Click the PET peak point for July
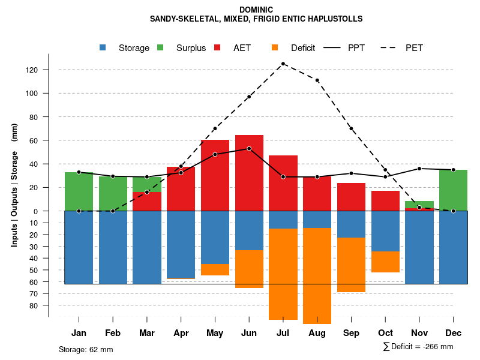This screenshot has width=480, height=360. coord(283,64)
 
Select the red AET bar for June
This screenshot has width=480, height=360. coord(249,174)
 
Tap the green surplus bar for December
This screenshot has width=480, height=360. coord(453,190)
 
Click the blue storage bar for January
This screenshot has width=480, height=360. coord(79,247)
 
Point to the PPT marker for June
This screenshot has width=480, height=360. coord(249,148)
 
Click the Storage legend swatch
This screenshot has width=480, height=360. coord(103,48)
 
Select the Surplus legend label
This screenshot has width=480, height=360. coord(191,48)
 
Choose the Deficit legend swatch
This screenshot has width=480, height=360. coord(275,48)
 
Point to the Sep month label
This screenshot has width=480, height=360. coord(351,333)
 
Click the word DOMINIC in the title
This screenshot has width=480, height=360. coord(256,10)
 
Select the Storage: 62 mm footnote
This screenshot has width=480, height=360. coord(86,349)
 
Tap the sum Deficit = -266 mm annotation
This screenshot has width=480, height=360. coord(418,347)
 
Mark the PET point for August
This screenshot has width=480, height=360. coord(317,80)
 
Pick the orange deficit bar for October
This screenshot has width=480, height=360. coord(385,262)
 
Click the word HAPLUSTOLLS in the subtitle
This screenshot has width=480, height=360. coord(336,19)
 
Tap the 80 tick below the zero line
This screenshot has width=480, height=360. coord(35,305)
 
